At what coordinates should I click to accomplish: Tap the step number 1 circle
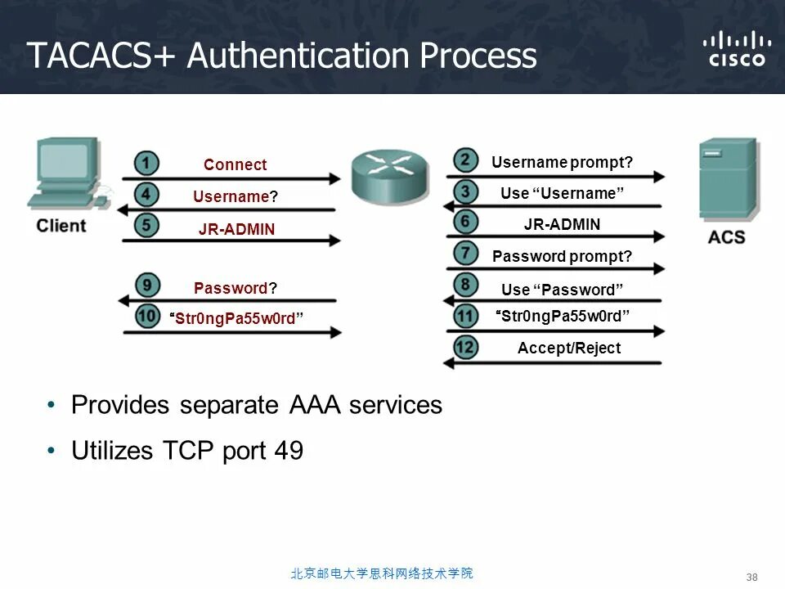[x=146, y=164]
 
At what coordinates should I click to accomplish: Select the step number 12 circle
[x=465, y=348]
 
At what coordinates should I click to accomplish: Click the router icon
[x=389, y=174]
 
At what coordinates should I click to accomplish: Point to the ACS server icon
[x=727, y=180]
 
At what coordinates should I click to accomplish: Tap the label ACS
[x=726, y=237]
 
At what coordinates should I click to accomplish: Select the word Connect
[x=235, y=164]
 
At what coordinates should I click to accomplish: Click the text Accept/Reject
[x=569, y=348]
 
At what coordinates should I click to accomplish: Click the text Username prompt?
[x=563, y=163]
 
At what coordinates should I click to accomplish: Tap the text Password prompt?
[x=563, y=256]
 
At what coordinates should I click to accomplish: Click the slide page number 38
[x=752, y=577]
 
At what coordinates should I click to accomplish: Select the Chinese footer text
[x=382, y=573]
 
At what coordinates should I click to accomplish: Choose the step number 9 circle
[x=146, y=286]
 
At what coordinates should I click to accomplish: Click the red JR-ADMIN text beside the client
[x=236, y=229]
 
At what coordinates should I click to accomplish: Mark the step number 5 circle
[x=146, y=227]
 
